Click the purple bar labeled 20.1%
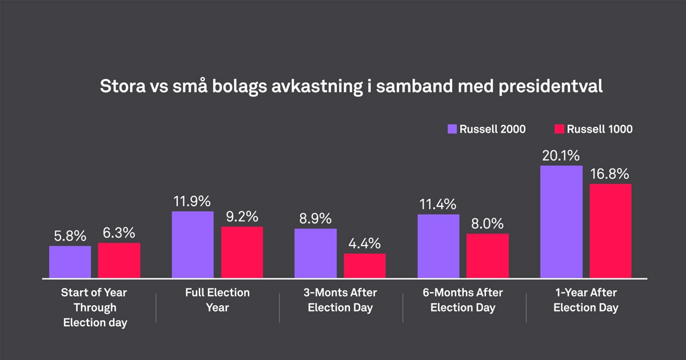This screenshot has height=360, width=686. pyautogui.click(x=561, y=222)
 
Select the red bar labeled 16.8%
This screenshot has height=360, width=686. pyautogui.click(x=611, y=231)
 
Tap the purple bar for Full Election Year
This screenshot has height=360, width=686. pyautogui.click(x=193, y=245)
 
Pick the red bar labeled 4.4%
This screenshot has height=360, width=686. pyautogui.click(x=365, y=266)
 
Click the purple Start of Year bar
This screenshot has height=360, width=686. pyautogui.click(x=70, y=262)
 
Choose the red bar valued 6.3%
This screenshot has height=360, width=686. pyautogui.click(x=119, y=261)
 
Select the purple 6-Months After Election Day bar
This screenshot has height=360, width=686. pyautogui.click(x=438, y=246)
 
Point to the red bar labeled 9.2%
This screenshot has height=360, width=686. pyautogui.click(x=242, y=253)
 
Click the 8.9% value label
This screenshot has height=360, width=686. pyautogui.click(x=316, y=218)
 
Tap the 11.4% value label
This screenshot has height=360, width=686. pyautogui.click(x=438, y=204)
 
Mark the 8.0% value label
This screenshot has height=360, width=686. pyautogui.click(x=488, y=223)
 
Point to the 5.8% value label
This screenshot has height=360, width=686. pyautogui.click(x=70, y=235)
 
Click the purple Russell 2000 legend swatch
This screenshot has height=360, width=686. pyautogui.click(x=452, y=129)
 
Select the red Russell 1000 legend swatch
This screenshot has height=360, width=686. pyautogui.click(x=560, y=129)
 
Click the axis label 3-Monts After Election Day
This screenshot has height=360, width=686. pyautogui.click(x=340, y=300)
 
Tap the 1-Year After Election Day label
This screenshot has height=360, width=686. pyautogui.click(x=587, y=300)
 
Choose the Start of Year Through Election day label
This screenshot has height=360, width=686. pyautogui.click(x=94, y=307)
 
